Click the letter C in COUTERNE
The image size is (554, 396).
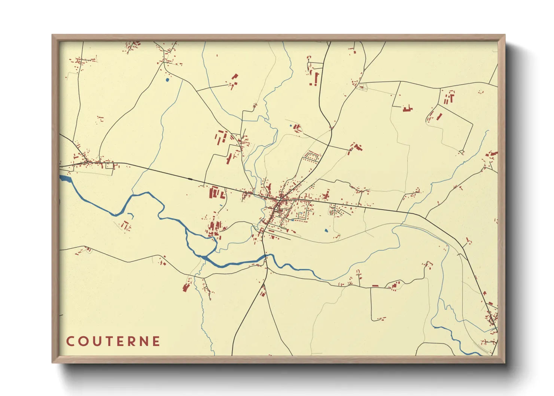(70, 341)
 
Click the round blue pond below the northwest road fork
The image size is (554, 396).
(167, 79)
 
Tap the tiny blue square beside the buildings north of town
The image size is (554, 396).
(290, 126)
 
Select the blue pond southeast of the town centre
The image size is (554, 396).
(326, 231)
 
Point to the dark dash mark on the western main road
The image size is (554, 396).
(191, 179)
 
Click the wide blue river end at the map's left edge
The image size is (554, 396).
(64, 179)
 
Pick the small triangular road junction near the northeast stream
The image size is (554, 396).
(462, 152)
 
